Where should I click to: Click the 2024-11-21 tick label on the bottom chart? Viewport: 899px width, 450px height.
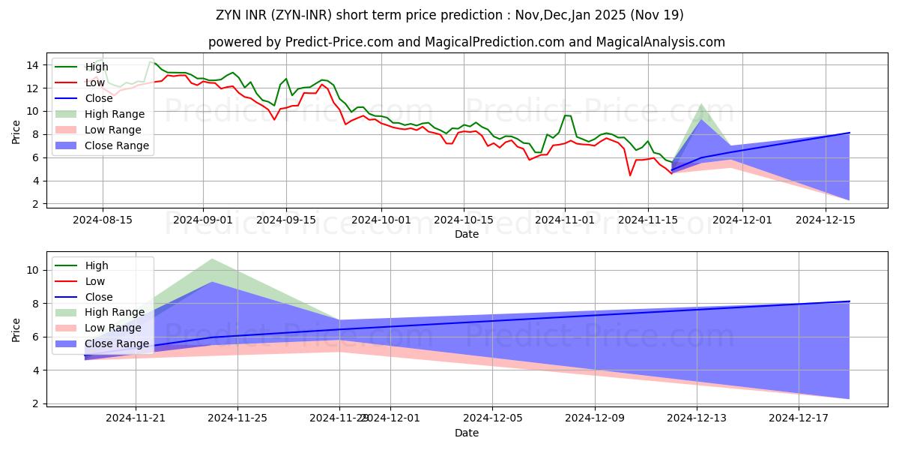tap(136, 418)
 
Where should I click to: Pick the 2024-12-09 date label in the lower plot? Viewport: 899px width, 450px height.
tap(594, 418)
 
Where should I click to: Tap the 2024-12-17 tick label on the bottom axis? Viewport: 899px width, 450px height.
tap(799, 418)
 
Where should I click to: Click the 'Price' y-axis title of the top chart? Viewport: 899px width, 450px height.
tap(16, 130)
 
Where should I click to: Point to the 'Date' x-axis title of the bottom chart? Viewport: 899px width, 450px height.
tap(467, 433)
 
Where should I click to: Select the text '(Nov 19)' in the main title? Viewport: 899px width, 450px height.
tap(657, 15)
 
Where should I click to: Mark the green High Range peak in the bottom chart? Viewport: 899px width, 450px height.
tap(213, 259)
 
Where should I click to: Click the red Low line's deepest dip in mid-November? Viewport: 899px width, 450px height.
tap(630, 175)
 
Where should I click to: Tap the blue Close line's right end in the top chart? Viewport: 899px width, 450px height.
tap(849, 133)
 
